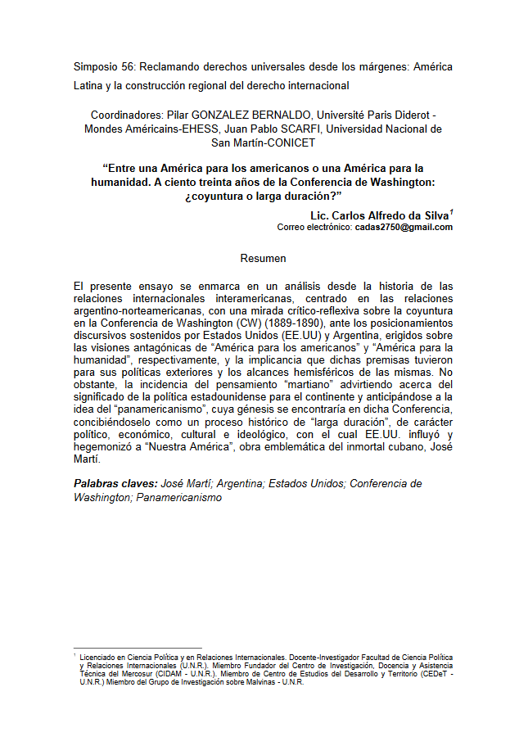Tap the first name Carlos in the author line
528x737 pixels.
[353, 215]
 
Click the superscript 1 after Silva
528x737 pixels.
[451, 212]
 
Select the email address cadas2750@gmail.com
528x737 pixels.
[404, 228]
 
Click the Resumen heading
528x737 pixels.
[263, 259]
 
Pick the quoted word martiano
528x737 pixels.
[281, 384]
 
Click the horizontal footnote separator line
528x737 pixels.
[137, 648]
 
